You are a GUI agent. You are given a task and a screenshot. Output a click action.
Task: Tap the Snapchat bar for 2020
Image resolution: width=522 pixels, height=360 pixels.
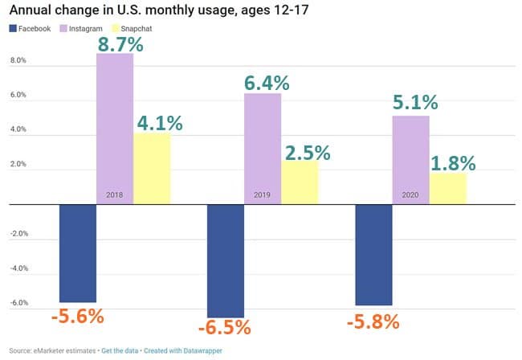click(x=447, y=188)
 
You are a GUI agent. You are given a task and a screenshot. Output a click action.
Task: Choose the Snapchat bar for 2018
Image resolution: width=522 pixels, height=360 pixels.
click(x=152, y=168)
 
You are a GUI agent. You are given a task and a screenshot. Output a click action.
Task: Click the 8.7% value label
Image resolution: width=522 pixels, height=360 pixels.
click(x=120, y=42)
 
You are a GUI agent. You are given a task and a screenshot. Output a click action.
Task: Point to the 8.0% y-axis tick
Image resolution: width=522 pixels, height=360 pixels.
click(x=17, y=61)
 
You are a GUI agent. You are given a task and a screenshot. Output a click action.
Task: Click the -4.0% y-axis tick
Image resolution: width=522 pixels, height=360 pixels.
click(x=17, y=268)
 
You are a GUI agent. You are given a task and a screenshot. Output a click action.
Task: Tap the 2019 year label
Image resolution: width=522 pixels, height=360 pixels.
click(x=263, y=195)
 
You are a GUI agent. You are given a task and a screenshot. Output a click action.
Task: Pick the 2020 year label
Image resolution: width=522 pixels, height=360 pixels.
click(x=410, y=195)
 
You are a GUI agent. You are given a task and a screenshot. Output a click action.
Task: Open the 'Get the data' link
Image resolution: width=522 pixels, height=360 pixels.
click(x=118, y=351)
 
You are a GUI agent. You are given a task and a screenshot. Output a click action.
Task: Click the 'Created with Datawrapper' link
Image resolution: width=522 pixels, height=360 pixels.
click(x=183, y=351)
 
